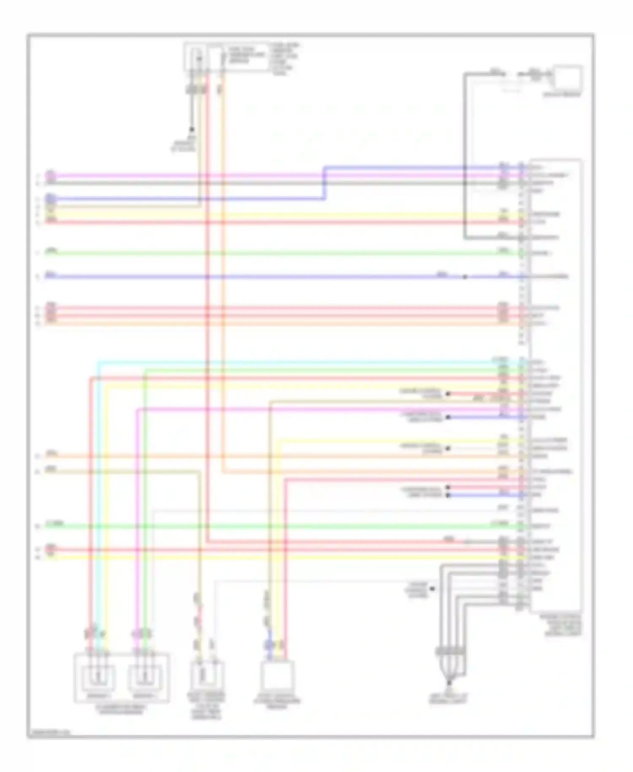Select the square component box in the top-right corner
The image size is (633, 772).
(x=568, y=78)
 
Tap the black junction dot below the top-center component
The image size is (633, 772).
(x=192, y=130)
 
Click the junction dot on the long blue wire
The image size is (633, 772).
(x=465, y=277)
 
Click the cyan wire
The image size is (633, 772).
(x=295, y=362)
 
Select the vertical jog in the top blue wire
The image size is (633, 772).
(x=325, y=183)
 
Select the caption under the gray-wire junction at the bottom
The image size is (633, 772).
(x=448, y=699)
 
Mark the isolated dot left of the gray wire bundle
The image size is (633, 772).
(x=433, y=588)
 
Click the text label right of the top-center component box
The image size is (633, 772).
(x=285, y=59)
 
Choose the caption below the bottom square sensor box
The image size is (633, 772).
(x=276, y=703)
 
